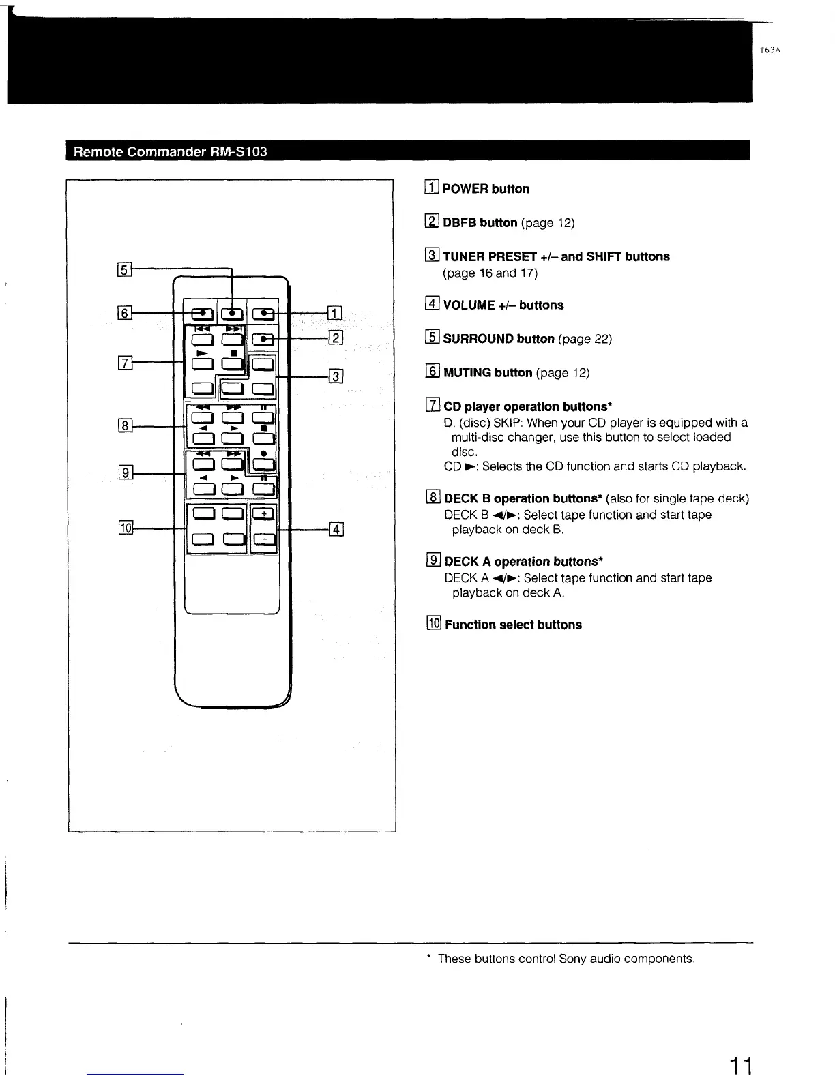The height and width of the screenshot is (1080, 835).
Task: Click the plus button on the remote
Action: pos(264,515)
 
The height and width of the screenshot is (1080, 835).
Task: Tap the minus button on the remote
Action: pos(264,540)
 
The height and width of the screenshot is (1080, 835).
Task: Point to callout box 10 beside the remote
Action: pos(126,527)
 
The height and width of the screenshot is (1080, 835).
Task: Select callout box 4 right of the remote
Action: pos(336,529)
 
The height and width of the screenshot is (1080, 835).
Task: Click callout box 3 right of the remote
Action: pos(336,376)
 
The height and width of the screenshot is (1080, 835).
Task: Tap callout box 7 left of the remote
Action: pos(125,363)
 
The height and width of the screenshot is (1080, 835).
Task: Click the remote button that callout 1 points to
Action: pos(263,313)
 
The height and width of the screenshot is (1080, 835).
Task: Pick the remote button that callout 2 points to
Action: pos(263,339)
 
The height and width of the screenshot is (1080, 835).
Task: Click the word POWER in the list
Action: pos(465,189)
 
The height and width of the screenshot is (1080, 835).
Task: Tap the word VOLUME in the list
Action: pos(469,305)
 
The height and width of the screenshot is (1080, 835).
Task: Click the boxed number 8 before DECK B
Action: pos(433,498)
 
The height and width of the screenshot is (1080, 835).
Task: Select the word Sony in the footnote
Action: pos(572,959)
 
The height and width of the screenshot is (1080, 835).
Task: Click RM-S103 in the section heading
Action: pos(238,151)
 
